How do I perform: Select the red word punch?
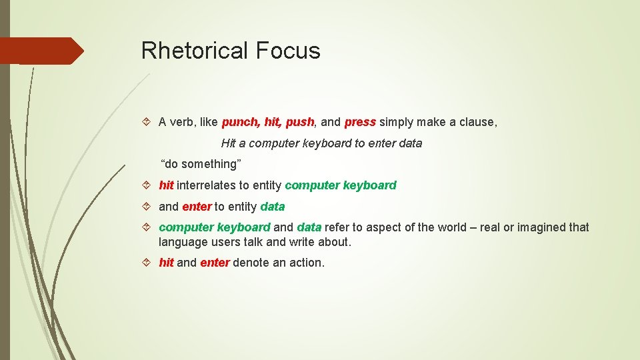241,122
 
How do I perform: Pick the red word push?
299,122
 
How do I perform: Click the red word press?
360,122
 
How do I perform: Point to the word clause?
475,122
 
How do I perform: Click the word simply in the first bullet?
398,122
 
